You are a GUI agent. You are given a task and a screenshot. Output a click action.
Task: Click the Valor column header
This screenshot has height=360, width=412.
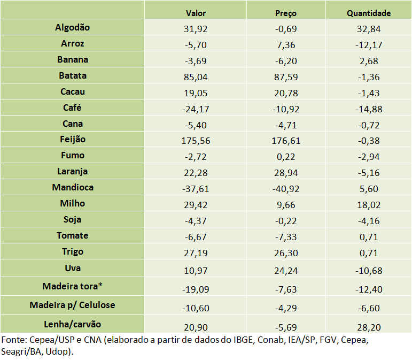(x=196, y=13)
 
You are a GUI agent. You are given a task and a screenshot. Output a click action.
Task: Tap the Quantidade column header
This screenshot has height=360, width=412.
(x=369, y=13)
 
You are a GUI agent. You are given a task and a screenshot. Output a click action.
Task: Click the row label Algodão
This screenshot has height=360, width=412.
(x=73, y=27)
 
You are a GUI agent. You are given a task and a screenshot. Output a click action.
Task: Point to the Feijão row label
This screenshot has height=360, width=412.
(x=73, y=140)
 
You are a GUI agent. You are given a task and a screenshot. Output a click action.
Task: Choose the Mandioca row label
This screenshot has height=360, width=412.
(x=73, y=188)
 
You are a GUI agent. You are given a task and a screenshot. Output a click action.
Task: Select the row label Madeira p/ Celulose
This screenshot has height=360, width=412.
(x=73, y=305)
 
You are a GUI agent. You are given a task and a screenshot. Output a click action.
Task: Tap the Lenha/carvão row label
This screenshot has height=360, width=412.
(x=73, y=324)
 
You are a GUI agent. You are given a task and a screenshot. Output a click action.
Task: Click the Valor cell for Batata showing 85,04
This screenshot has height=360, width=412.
(x=196, y=76)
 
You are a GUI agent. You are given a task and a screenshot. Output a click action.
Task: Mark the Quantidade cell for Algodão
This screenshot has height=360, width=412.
(x=369, y=28)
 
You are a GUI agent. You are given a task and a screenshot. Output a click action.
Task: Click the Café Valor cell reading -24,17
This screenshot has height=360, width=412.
(x=196, y=108)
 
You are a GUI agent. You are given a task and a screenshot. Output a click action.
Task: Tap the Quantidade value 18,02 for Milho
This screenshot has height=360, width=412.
(x=369, y=204)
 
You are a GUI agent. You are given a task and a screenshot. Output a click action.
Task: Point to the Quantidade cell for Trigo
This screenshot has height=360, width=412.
(x=369, y=252)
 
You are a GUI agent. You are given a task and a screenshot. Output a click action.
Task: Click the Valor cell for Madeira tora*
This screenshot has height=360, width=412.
(x=196, y=289)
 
